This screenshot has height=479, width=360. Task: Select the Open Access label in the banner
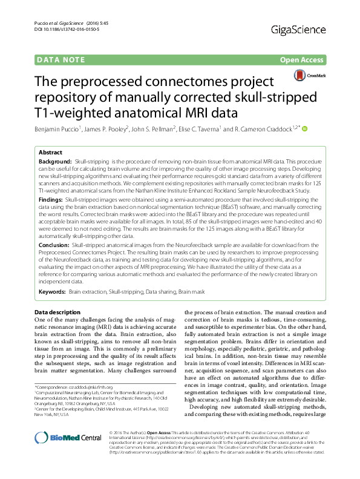click(300, 60)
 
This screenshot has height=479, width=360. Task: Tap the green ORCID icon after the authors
click(304, 128)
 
